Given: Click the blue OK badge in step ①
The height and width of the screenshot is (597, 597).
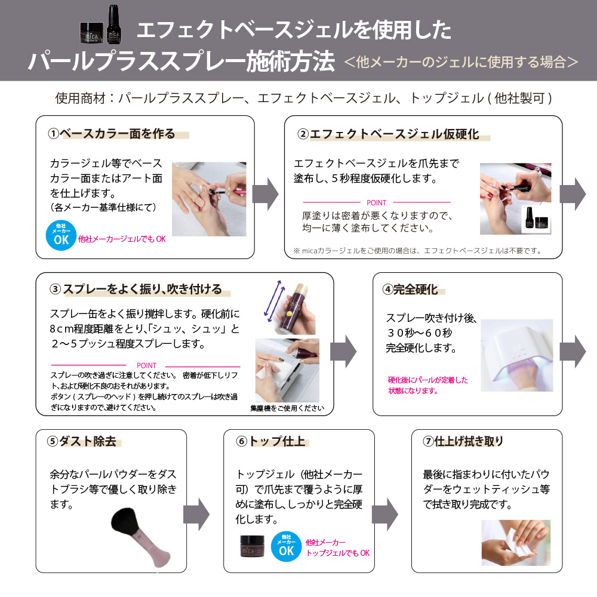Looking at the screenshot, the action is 61,235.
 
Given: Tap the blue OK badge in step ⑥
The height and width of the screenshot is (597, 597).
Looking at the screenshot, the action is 287,546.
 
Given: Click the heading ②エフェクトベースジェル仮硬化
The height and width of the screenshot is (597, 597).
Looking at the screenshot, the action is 389,134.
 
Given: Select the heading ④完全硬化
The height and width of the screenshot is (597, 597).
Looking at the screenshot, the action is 410,290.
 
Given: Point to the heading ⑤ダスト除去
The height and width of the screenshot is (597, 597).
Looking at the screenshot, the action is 82,441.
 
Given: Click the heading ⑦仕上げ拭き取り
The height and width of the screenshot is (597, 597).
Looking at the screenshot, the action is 463,441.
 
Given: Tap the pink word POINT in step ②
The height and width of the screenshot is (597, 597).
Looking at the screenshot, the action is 376,202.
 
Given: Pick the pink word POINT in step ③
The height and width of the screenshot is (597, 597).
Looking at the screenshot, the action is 147,365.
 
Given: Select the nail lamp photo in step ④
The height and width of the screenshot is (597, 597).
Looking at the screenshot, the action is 516,355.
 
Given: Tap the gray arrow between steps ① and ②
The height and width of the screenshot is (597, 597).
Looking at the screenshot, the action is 266,194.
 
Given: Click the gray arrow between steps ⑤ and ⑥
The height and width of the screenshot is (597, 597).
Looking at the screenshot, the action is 196,515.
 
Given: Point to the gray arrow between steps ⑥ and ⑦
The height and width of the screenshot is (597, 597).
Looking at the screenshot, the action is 385,515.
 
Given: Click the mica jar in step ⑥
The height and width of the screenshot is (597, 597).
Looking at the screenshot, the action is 253,546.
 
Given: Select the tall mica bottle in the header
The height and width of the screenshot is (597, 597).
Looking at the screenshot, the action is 113,24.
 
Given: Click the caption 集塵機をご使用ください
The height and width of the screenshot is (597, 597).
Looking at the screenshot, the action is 287,408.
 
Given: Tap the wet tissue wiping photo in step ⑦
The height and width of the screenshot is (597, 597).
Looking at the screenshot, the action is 516,543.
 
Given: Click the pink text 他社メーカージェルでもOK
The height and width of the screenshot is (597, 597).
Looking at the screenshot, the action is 122,239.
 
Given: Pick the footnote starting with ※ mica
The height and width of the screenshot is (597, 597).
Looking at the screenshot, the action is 417,251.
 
